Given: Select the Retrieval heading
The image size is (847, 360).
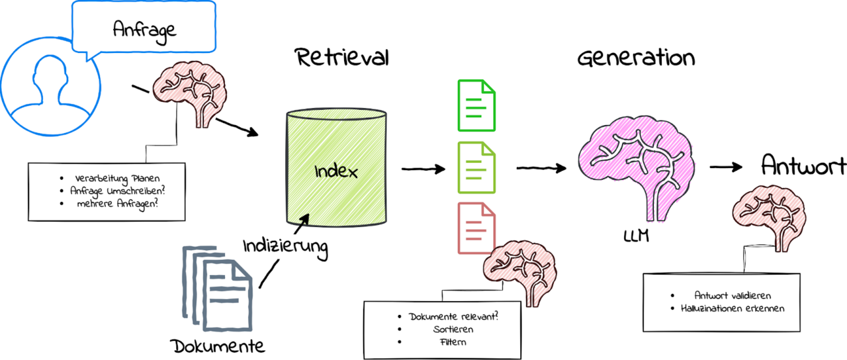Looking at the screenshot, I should (x=341, y=58).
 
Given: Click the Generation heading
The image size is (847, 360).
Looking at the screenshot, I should (x=636, y=58).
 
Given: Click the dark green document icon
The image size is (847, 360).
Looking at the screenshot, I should (x=476, y=106).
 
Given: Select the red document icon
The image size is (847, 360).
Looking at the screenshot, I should (x=476, y=228).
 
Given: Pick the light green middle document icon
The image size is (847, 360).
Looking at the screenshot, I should (x=476, y=167).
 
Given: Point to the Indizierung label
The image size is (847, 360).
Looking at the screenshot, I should (x=285, y=246).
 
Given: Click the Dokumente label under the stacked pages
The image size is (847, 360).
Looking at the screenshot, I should (x=218, y=345).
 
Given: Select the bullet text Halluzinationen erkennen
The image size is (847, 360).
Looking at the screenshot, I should (x=733, y=308).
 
